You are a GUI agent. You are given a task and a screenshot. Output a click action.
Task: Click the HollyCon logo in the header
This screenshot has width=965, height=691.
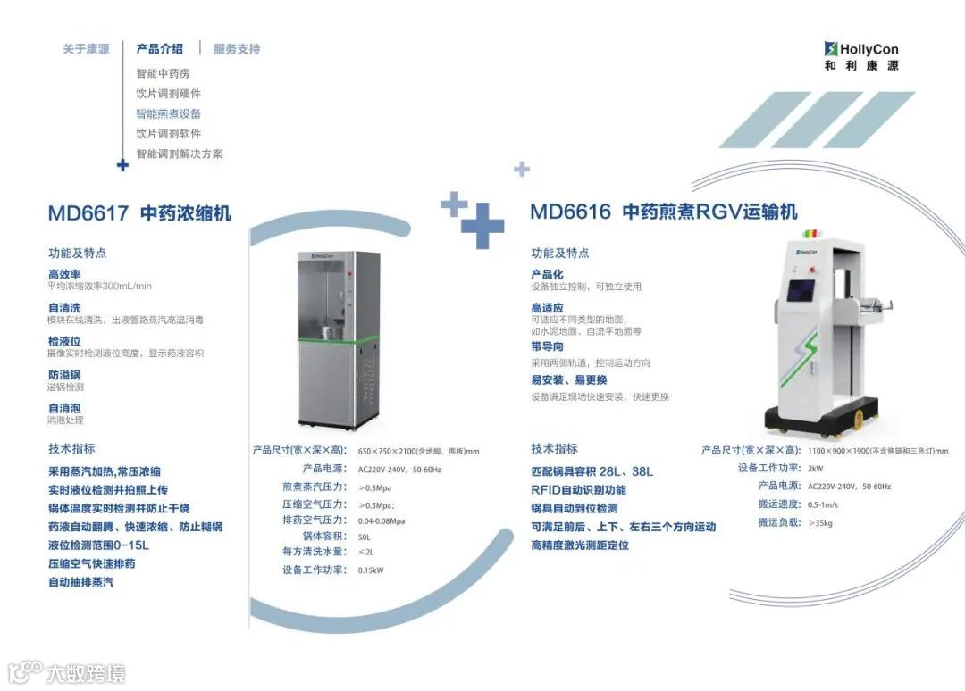coord(861,56)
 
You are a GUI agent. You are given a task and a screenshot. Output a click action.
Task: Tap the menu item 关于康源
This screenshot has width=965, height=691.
coord(86,49)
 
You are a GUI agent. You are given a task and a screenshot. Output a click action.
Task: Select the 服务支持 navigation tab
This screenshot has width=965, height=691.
coord(237,49)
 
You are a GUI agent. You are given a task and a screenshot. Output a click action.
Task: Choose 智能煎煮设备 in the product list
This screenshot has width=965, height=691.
coord(168,113)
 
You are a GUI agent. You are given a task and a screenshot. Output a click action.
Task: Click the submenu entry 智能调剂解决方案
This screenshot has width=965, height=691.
coord(179,154)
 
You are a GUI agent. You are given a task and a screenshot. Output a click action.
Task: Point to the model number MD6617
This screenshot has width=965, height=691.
coord(88,213)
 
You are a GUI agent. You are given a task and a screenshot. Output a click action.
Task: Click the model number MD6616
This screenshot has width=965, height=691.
coord(570,212)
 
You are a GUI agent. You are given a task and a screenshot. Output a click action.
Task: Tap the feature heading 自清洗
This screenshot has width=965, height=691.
coord(64,308)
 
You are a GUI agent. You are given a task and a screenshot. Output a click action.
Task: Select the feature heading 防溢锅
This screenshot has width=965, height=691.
coord(64,375)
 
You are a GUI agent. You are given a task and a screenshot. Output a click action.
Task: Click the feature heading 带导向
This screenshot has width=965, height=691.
coord(547,346)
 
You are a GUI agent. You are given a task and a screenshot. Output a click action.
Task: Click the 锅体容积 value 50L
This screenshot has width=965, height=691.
coord(365,537)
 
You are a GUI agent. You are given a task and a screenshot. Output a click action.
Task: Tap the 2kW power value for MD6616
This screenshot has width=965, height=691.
coord(815,469)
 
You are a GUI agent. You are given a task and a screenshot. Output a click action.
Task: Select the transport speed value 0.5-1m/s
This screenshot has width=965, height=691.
coord(823,504)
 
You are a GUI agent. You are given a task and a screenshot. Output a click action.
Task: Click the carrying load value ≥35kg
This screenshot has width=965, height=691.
coord(819,523)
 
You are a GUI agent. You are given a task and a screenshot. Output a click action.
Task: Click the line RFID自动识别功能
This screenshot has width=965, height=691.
coord(578,490)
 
